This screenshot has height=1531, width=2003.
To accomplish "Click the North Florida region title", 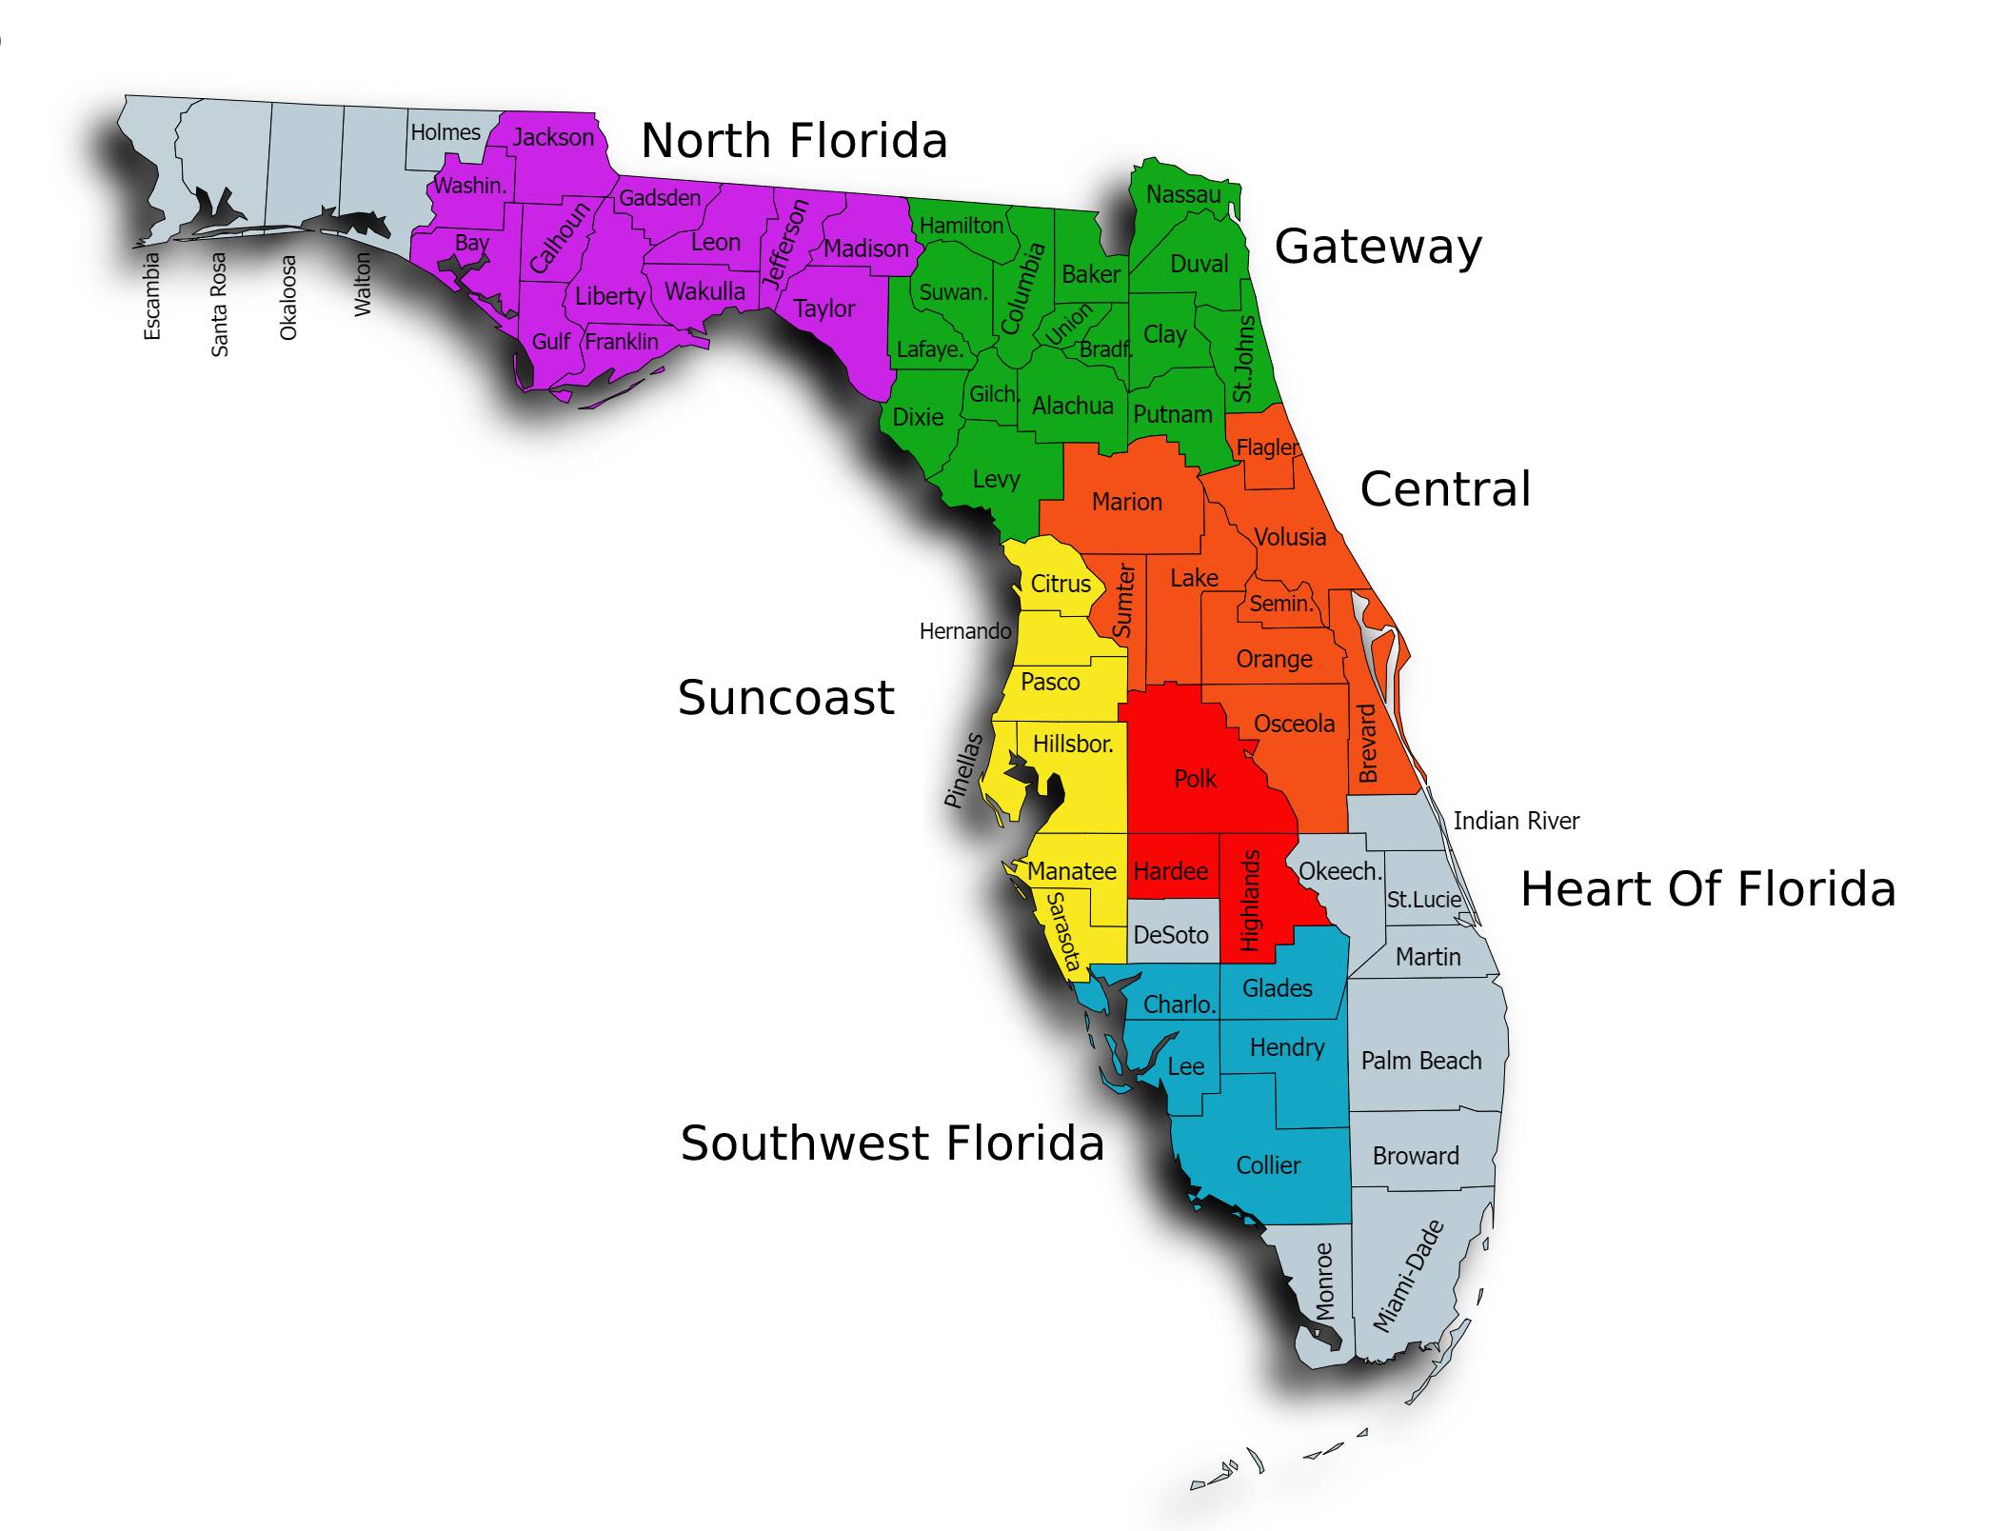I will click(x=794, y=141).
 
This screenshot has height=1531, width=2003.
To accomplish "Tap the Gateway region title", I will click(x=1378, y=248).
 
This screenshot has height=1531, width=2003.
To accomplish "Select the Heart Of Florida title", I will click(x=1708, y=889).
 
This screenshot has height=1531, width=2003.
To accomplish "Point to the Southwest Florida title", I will click(x=892, y=1143).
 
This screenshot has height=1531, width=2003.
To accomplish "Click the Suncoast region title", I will click(x=785, y=698).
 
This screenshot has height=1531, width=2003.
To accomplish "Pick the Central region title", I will click(x=1445, y=489).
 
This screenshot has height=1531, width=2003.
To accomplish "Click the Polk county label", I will click(x=1195, y=779).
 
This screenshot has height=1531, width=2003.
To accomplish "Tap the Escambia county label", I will click(x=151, y=295).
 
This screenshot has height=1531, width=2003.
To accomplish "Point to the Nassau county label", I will click(x=1183, y=194).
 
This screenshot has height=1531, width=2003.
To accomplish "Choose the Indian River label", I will click(x=1516, y=821).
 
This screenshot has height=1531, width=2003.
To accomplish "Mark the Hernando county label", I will click(x=964, y=631).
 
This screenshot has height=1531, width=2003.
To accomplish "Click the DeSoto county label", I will click(x=1170, y=935).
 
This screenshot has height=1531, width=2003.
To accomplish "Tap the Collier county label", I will click(x=1268, y=1165).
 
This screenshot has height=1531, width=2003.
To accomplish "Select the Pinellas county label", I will click(x=962, y=770).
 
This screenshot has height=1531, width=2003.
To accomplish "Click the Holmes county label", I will click(x=446, y=132).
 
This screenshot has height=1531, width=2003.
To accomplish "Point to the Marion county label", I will click(x=1126, y=502).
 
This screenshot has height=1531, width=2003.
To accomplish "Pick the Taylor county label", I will click(x=824, y=308).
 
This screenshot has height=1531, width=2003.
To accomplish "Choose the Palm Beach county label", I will click(x=1421, y=1061).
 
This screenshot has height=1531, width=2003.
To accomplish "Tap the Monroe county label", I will click(x=1324, y=1281).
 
